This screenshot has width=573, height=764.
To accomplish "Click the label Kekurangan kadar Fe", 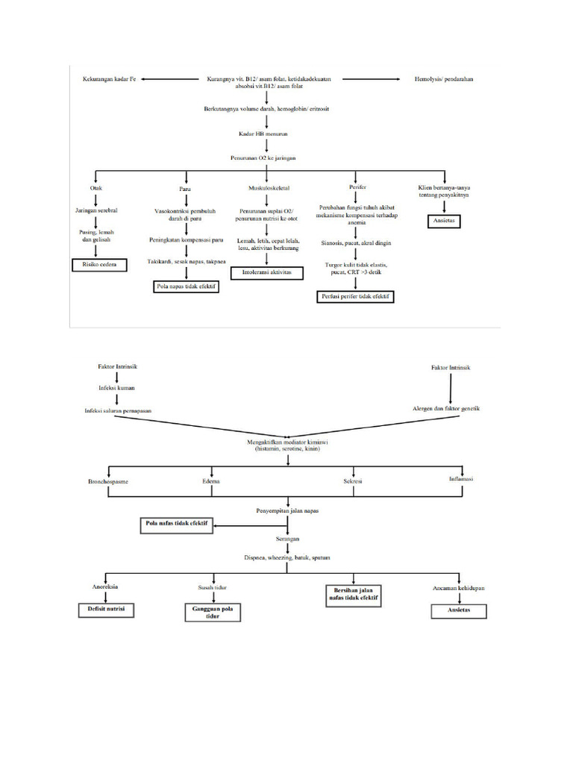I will (109, 78).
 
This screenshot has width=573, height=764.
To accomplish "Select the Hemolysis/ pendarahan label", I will (445, 78).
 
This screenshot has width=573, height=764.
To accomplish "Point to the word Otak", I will (96, 188).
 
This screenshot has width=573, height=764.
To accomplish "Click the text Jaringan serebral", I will (96, 211).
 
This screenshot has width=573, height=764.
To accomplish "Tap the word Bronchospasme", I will (109, 482).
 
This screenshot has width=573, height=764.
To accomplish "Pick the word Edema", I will (211, 482).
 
